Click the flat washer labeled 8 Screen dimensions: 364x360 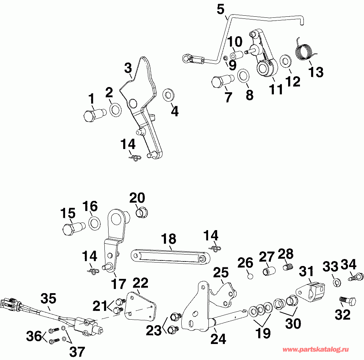coord(243,75)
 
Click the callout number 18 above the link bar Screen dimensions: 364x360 coord(169,240)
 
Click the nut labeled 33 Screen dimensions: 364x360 coord(337,282)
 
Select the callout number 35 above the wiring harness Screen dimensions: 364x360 coord(48,299)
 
